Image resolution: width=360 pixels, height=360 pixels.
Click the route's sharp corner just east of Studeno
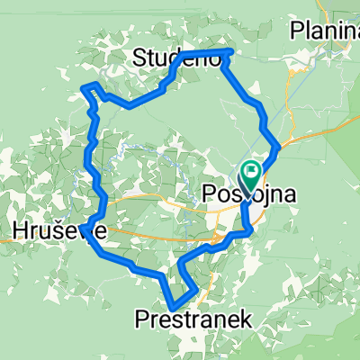coord(231,52)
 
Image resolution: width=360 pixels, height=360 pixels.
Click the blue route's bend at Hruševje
coord(91,224)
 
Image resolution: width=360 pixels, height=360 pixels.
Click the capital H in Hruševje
coord(20,231)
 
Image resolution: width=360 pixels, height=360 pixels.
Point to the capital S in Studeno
coord(139,59)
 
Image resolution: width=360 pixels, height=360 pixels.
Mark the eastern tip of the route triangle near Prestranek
coord(196,289)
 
